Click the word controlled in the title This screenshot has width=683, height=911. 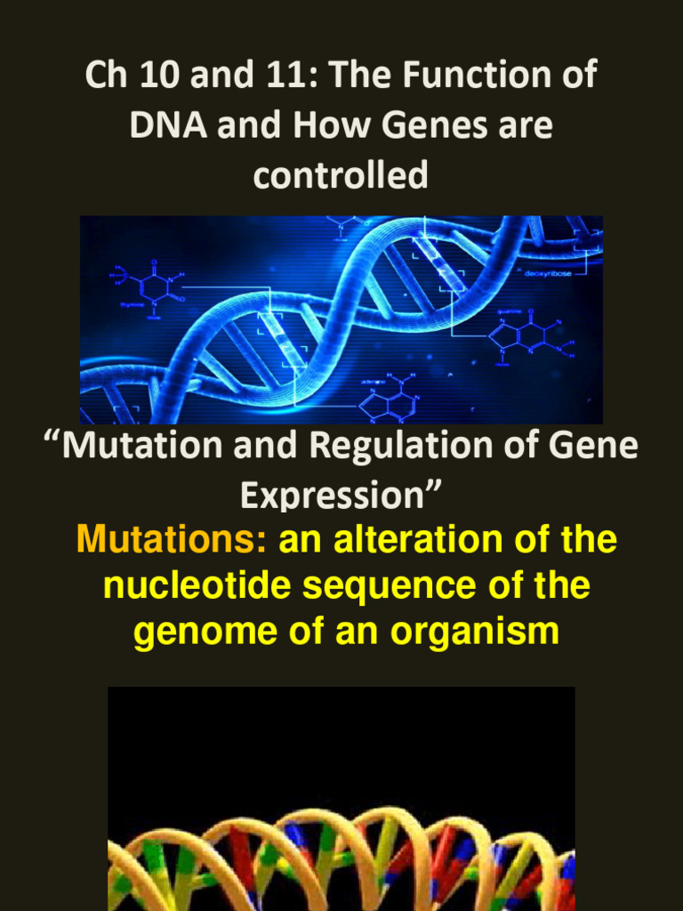tap(341, 174)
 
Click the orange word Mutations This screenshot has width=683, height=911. tap(173, 540)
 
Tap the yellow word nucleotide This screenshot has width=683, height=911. tap(195, 586)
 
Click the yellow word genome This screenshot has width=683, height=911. tap(197, 633)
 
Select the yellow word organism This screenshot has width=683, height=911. tap(468, 633)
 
